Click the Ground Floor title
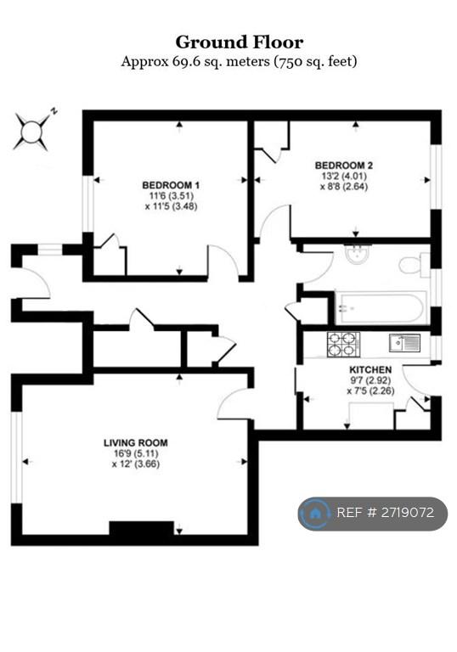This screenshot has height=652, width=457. tap(239, 42)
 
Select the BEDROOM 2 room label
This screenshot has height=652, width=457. tap(344, 165)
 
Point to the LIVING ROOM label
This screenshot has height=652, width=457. tap(136, 443)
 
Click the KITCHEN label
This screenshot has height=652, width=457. tap(370, 369)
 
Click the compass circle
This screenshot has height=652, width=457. tap(31, 132)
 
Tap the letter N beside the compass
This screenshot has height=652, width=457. tap(54, 111)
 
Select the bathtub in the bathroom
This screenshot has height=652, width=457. tap(381, 307)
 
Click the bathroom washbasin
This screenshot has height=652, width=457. tap(357, 255)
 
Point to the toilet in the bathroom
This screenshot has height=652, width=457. tap(415, 265)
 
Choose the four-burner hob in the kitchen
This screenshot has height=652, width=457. tap(343, 345)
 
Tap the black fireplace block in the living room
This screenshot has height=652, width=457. tap(142, 528)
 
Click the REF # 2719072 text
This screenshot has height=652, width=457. tap(386, 512)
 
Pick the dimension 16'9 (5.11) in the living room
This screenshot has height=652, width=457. tap(136, 453)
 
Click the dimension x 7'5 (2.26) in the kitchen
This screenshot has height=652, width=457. tap(370, 391)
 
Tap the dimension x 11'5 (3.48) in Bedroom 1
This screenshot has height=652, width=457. tap(171, 206)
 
